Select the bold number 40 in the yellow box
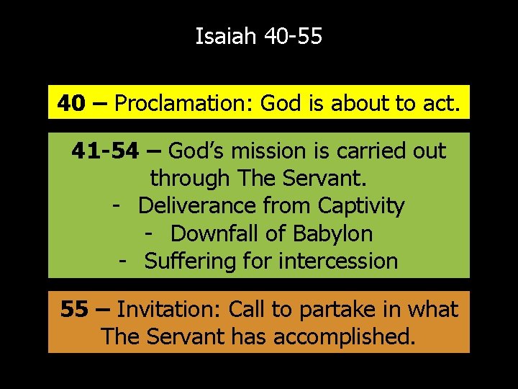pyautogui.click(x=71, y=104)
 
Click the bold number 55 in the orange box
pyautogui.click(x=74, y=310)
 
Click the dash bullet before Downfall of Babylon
pyautogui.click(x=150, y=233)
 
